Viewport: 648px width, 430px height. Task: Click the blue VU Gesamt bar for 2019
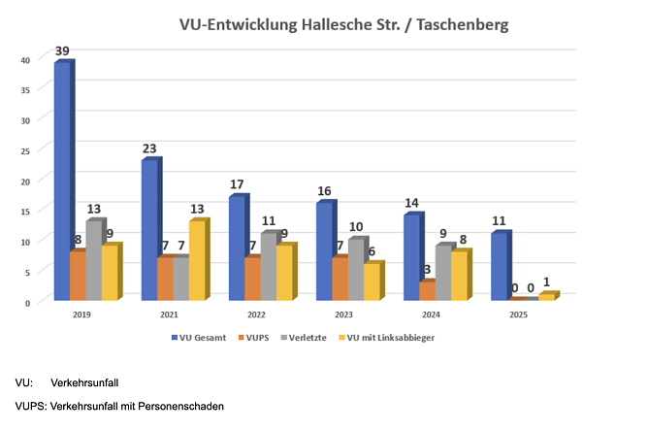click(x=61, y=182)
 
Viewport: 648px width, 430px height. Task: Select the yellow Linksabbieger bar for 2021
click(x=196, y=261)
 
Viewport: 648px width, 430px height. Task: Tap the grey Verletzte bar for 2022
click(x=268, y=267)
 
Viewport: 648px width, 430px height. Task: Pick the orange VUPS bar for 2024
click(x=427, y=290)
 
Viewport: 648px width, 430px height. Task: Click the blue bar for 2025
click(x=499, y=267)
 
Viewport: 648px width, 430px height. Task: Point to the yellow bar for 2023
click(x=372, y=281)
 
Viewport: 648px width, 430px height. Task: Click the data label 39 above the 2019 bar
click(x=62, y=50)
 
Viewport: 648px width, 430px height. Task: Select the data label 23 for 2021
click(x=149, y=149)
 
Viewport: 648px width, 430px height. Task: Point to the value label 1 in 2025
click(x=547, y=282)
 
